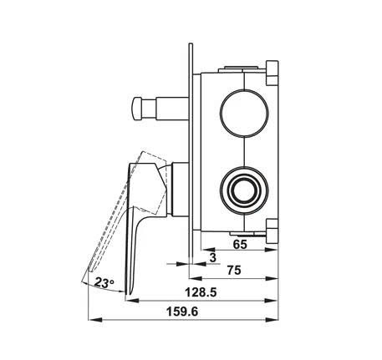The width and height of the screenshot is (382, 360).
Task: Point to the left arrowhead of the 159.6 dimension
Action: coord(92,319)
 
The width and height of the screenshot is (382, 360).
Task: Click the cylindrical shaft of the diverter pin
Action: coord(167,108)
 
